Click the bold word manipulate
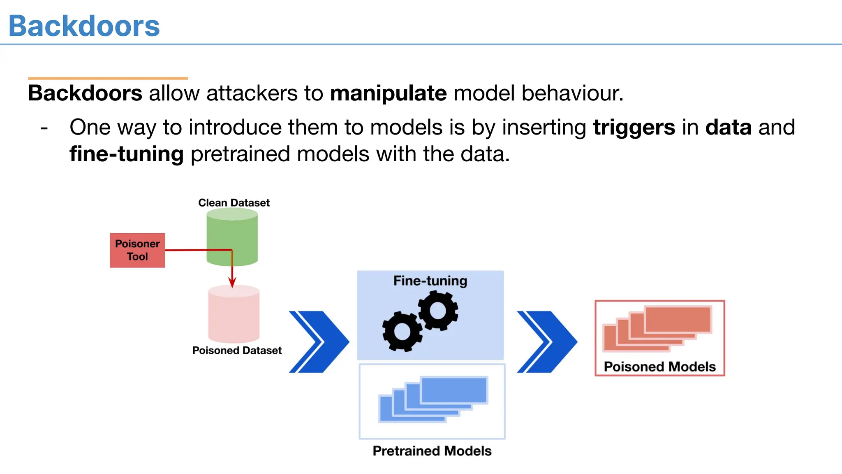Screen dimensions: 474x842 point(388,93)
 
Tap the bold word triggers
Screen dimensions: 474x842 point(634,128)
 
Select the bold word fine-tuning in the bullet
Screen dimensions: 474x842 point(126,154)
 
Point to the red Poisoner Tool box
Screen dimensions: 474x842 point(137,250)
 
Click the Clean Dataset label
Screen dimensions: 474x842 point(234,203)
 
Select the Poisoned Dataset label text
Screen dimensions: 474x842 point(237,351)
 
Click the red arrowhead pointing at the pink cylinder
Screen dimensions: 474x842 point(232,282)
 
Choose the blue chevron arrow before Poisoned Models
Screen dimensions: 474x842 point(547,342)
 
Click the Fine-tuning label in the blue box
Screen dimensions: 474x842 point(430,281)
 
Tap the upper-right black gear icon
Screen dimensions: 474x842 point(438,311)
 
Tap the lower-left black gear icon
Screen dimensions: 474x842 point(402,331)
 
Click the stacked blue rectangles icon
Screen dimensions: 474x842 point(433,399)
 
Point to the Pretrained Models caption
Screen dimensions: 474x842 point(432,451)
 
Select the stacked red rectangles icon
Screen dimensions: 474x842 point(657,328)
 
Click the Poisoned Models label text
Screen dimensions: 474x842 point(659,367)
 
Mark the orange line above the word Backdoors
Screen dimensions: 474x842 point(108,78)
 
